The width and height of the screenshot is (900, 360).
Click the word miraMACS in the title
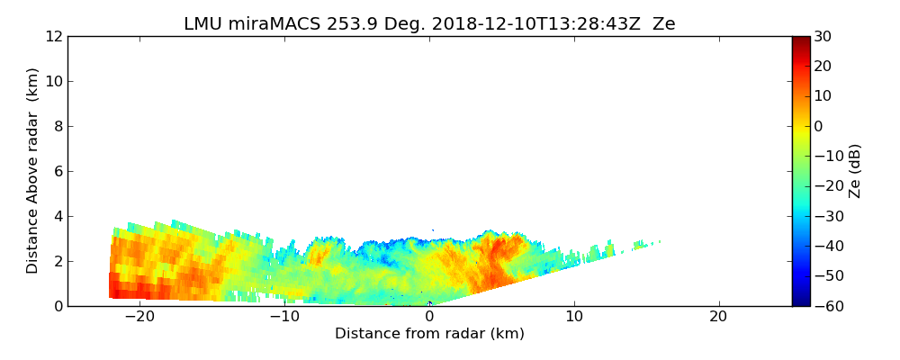pos(273,24)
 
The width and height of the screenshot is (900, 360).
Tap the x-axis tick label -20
pos(139,317)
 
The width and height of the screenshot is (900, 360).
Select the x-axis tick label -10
pos(284,317)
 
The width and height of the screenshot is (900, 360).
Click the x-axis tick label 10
pos(574,317)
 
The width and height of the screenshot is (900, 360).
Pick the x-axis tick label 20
pos(718,317)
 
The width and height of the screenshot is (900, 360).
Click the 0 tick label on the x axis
pos(429,317)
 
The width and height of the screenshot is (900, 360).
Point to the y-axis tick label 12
pos(53,37)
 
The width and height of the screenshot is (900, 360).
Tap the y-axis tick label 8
pos(58,127)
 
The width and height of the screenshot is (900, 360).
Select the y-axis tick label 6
pos(58,172)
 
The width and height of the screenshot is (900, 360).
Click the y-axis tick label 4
pos(58,217)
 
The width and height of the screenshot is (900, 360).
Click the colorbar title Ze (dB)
pos(855,171)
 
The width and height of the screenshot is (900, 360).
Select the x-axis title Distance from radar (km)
pos(429,334)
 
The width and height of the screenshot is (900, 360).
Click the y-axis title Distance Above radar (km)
pos(33,171)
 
